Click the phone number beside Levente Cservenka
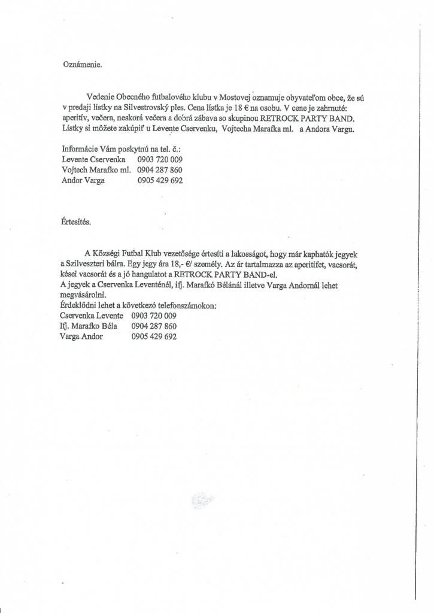pos(160,159)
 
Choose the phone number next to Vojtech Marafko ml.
pos(160,170)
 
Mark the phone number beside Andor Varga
pos(160,180)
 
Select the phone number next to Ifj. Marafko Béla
pos(154,326)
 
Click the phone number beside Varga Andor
pos(154,336)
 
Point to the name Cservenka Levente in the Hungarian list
pos(92,315)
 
